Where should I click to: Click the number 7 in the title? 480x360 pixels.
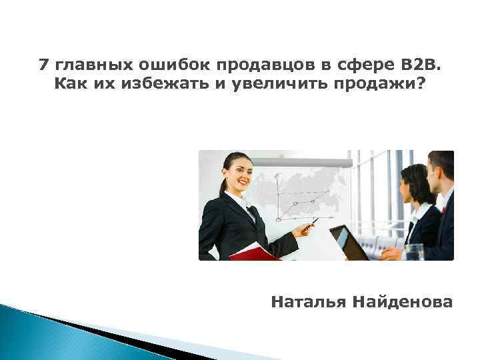44,65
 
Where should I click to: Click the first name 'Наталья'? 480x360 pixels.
304,302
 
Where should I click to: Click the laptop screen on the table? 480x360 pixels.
347,242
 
